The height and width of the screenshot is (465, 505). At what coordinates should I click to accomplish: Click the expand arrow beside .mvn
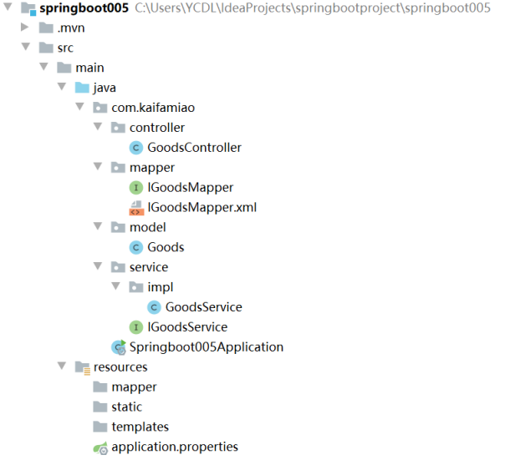[26, 28]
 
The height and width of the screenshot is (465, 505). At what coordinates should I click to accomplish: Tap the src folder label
[65, 48]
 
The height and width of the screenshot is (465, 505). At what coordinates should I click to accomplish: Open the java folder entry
[105, 88]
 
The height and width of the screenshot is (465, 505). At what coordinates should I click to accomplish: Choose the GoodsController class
[194, 148]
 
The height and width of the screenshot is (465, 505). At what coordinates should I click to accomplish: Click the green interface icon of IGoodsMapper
[136, 188]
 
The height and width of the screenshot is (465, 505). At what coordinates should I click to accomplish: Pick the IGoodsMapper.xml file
[201, 207]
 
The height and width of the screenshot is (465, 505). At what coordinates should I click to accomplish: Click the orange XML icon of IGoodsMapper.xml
[136, 207]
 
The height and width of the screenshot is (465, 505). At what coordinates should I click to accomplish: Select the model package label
[147, 227]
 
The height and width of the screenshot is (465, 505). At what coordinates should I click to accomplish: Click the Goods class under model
[166, 247]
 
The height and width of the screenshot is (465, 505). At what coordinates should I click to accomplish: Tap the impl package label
[160, 287]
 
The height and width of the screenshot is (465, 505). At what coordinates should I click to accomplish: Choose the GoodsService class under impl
[203, 307]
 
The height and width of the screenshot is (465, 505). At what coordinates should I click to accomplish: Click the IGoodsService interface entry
[187, 327]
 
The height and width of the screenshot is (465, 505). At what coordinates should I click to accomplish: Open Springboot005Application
[206, 347]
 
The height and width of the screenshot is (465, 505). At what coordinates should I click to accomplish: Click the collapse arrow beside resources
[62, 366]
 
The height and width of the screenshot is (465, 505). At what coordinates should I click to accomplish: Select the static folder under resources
[126, 407]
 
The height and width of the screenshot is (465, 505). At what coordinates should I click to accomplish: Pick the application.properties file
[174, 447]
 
